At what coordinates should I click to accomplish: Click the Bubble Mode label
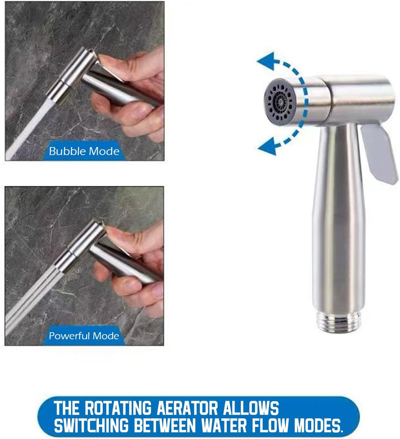pyautogui.click(x=84, y=150)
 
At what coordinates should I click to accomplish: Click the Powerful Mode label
pyautogui.click(x=84, y=336)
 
